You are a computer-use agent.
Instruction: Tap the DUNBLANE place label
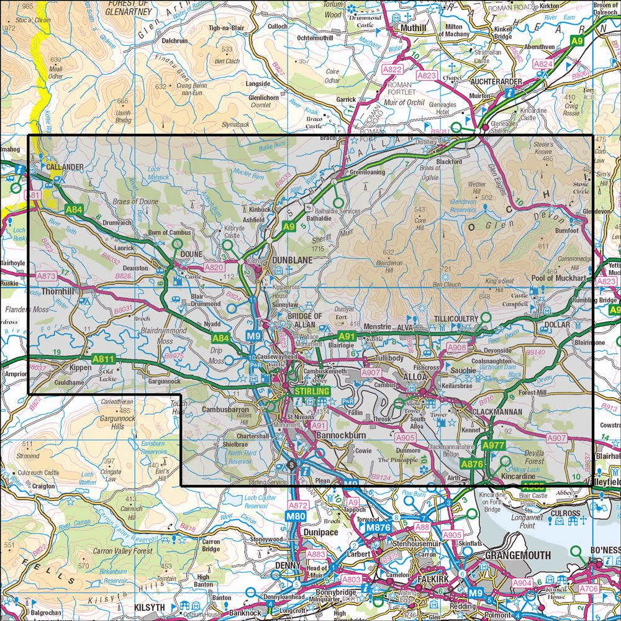coord(290,261)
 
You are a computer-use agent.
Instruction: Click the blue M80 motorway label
coord(297,515)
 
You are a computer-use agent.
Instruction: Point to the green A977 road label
coord(494,446)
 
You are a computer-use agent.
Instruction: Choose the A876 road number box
coord(471,463)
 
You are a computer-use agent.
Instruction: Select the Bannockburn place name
coord(339,436)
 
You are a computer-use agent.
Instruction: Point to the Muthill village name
coord(408,28)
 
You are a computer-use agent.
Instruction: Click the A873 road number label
coord(47,275)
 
